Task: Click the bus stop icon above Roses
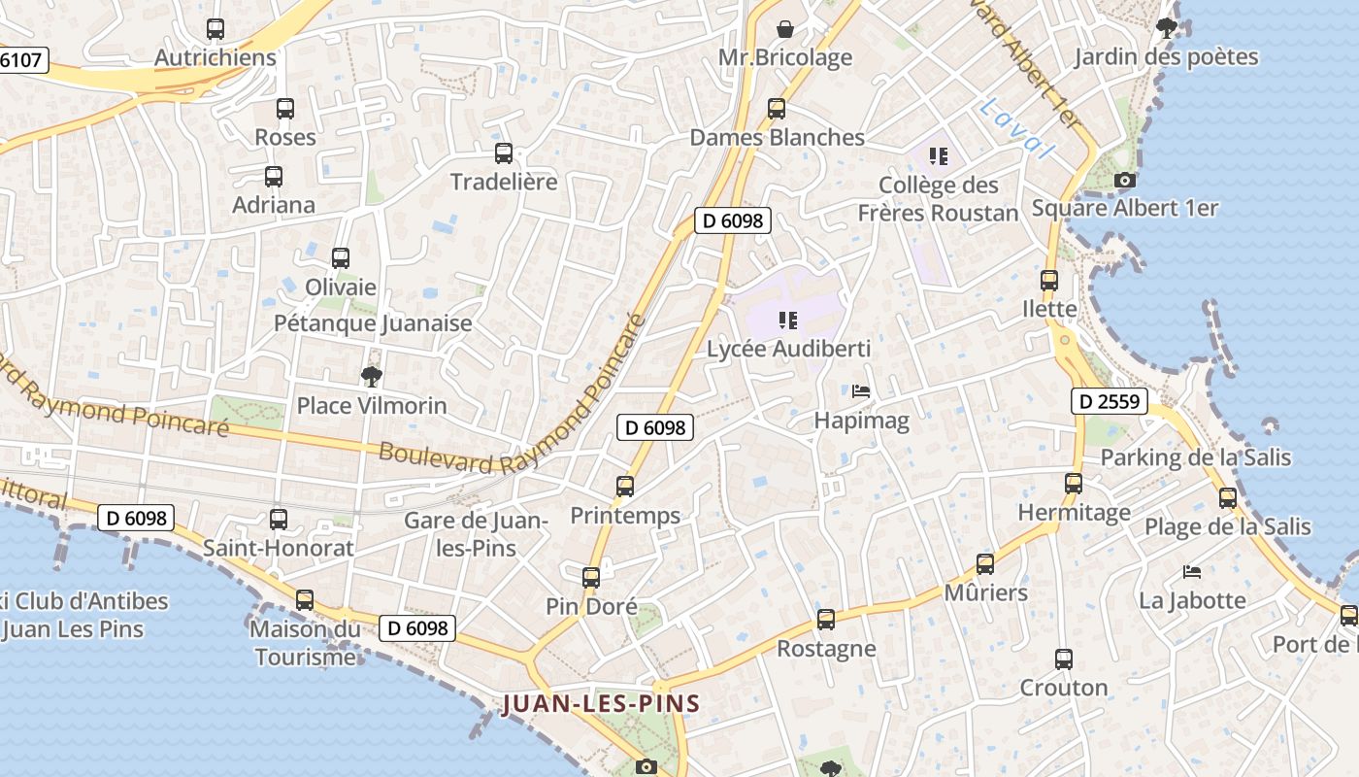tap(284, 109)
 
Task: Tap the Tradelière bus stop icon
tap(504, 153)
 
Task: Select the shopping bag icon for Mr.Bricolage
tap(784, 29)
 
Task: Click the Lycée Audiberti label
tap(788, 349)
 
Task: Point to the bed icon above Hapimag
tap(860, 392)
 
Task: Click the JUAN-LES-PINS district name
tap(601, 704)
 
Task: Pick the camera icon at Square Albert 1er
tap(1124, 181)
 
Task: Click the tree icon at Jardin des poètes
tap(1166, 28)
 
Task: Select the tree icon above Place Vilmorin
tap(371, 377)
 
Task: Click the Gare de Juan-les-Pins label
tap(476, 534)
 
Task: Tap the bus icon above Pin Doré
tap(591, 578)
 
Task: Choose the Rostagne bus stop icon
tap(826, 620)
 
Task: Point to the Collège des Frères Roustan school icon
tap(938, 156)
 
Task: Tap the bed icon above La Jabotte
tap(1192, 572)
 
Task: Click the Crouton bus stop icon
tap(1063, 659)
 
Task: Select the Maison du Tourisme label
tap(305, 643)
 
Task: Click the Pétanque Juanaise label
tap(373, 323)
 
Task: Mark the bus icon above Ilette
tap(1049, 281)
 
